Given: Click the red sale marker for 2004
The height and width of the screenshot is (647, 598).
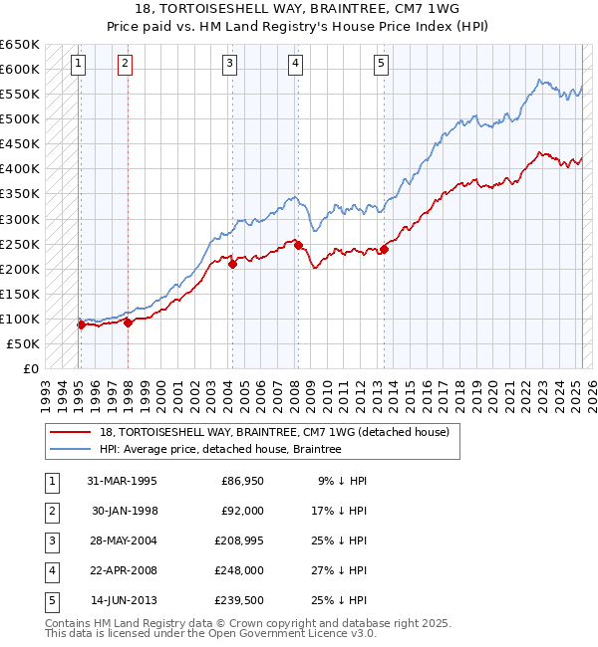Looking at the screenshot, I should pos(232,264).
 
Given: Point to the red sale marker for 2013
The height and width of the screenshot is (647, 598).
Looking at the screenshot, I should pos(384,249).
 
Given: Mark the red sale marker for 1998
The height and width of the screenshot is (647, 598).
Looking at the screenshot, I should pos(128,322).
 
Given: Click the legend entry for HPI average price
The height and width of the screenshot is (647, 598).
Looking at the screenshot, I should pos(220,449).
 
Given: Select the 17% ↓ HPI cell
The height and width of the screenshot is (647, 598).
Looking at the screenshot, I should pos(338,511).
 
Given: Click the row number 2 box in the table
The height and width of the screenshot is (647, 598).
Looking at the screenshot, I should pos(51,511).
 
